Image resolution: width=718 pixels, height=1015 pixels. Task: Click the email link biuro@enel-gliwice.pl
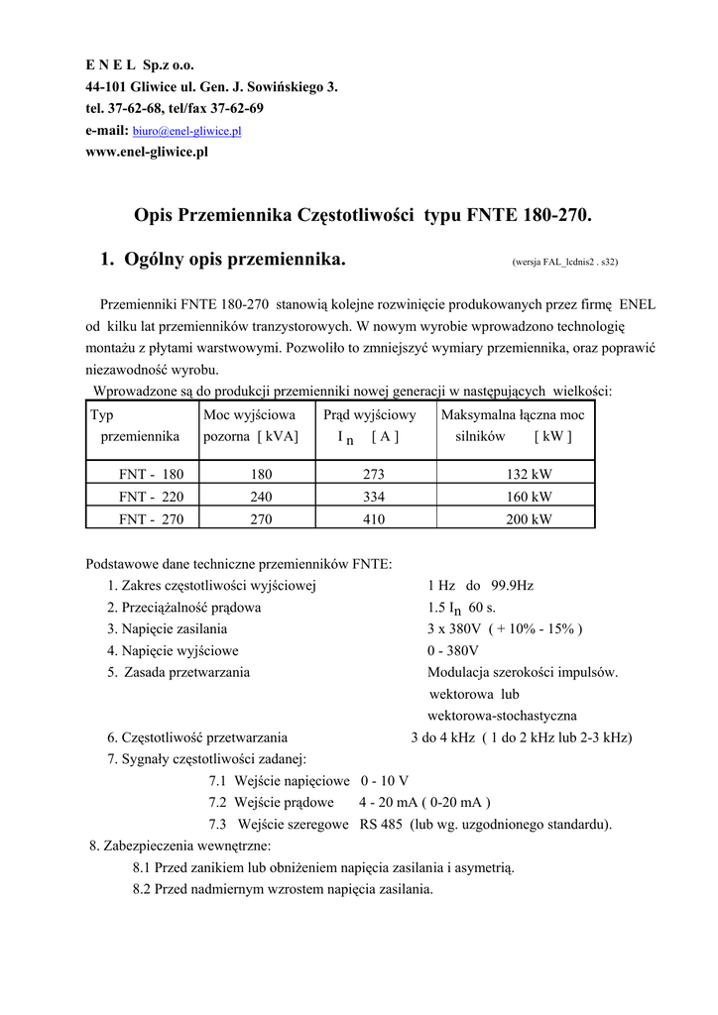tap(187, 131)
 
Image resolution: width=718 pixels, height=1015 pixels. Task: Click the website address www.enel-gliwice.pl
tap(147, 152)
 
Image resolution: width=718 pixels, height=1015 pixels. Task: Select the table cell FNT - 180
tap(151, 475)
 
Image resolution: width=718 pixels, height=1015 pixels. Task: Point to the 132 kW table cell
tap(529, 475)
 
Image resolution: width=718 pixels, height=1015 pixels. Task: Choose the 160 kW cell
tap(529, 497)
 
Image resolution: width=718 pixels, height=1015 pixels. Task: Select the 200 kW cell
tap(529, 518)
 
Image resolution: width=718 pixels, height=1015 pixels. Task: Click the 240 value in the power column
tap(261, 497)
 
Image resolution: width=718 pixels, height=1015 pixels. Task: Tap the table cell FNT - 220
tap(151, 497)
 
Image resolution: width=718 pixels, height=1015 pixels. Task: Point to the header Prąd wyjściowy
tap(370, 415)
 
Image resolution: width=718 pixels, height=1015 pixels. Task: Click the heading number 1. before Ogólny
tap(108, 261)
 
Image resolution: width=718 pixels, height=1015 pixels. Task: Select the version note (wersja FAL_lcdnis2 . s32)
tap(564, 263)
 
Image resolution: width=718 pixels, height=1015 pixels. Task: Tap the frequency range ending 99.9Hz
tap(481, 586)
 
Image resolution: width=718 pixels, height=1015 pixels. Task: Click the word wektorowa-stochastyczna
tap(502, 716)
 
